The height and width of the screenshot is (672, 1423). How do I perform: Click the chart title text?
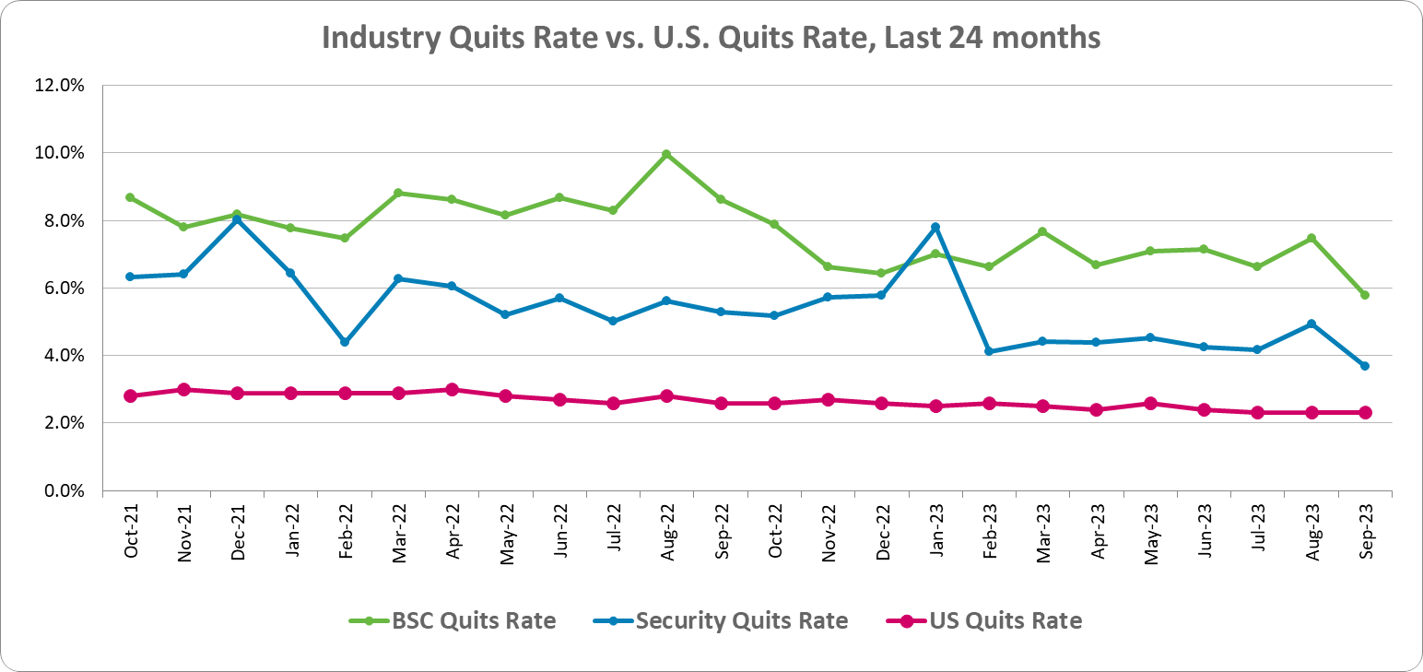tap(711, 37)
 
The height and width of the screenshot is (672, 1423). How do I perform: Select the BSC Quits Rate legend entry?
tap(453, 620)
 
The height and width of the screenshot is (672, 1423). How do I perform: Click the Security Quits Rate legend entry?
tap(728, 620)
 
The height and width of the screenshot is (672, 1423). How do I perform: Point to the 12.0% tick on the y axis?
tap(60, 86)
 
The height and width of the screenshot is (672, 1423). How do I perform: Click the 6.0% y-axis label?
tap(64, 289)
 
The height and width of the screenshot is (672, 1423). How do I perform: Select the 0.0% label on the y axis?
tap(64, 491)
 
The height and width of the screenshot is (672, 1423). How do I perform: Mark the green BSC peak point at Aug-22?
tap(666, 154)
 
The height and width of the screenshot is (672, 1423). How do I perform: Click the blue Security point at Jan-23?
tap(935, 227)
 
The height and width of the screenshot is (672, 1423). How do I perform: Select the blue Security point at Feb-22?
tap(345, 342)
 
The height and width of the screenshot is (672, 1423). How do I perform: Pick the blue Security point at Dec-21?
tap(237, 219)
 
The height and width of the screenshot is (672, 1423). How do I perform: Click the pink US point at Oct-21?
tap(130, 396)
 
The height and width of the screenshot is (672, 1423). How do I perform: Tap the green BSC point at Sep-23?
tap(1365, 295)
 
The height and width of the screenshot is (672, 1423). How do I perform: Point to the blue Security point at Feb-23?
tap(989, 351)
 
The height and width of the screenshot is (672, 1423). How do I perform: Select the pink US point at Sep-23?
tap(1365, 412)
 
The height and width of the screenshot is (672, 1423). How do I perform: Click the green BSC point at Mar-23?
tap(1042, 231)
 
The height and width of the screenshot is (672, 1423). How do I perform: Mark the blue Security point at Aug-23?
tap(1311, 324)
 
